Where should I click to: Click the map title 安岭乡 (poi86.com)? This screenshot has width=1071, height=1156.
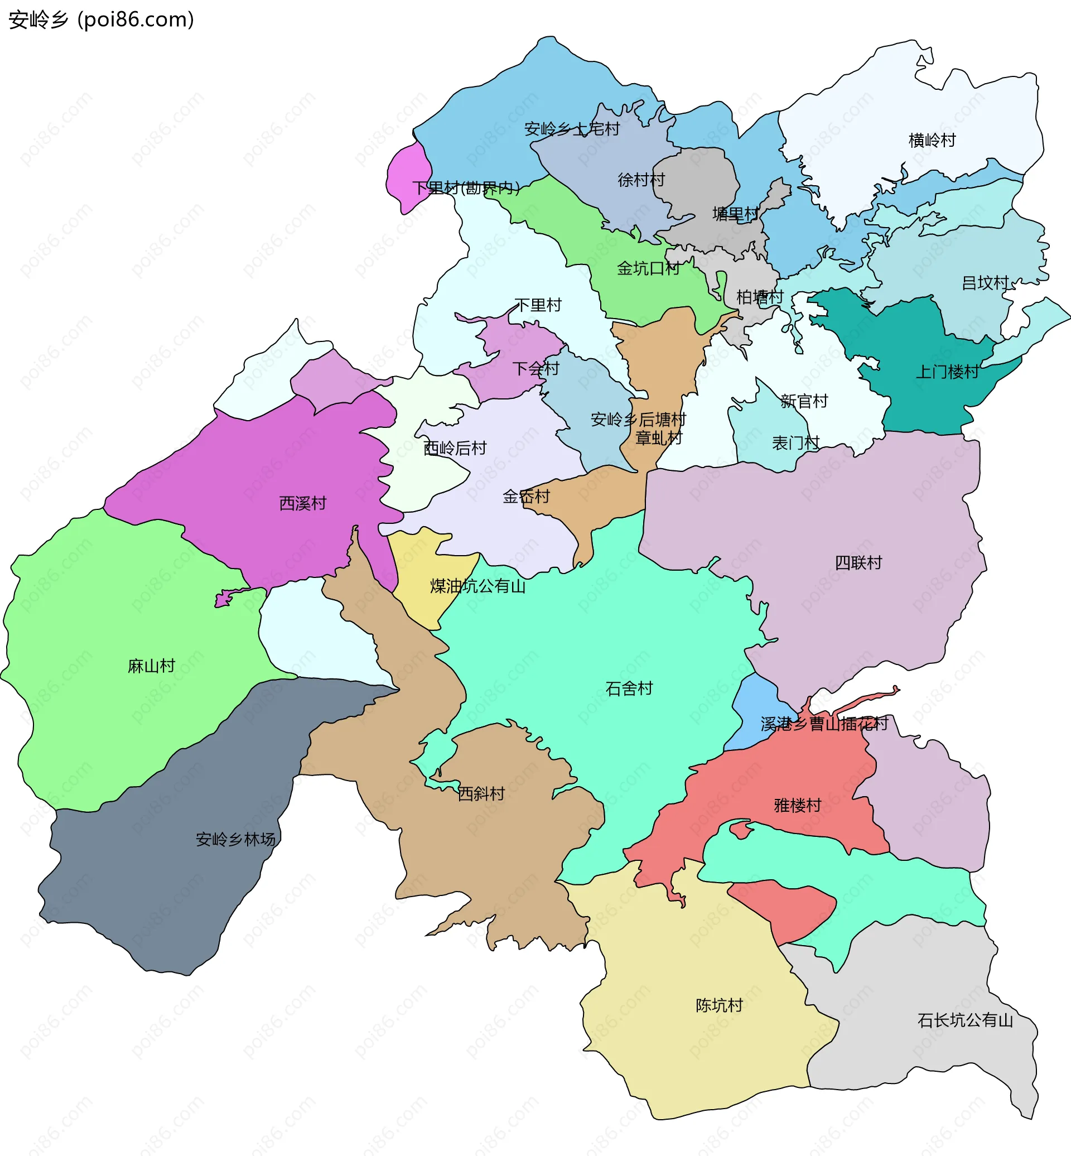click(x=102, y=20)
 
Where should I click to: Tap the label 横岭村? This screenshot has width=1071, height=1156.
click(x=932, y=140)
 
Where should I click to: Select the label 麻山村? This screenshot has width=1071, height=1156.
click(x=151, y=666)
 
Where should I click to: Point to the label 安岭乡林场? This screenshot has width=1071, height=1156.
click(x=235, y=840)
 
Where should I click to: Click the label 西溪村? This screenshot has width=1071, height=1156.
click(x=302, y=503)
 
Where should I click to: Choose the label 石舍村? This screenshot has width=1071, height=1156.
click(x=629, y=688)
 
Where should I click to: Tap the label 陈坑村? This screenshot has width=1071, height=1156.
click(x=718, y=1005)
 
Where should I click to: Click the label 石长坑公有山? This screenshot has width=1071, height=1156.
click(x=965, y=1020)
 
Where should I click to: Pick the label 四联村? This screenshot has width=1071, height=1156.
click(x=858, y=562)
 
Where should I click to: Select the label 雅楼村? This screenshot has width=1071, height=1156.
click(x=798, y=805)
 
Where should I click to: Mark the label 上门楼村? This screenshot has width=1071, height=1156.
click(x=947, y=372)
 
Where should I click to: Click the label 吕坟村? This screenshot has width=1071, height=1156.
click(x=985, y=283)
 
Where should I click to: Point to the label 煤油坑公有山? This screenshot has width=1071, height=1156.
click(x=477, y=586)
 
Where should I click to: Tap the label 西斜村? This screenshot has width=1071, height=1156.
click(x=481, y=794)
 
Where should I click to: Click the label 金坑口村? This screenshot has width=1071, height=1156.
click(x=648, y=268)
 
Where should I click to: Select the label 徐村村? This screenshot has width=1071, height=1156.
click(x=641, y=180)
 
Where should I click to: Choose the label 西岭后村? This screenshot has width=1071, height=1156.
click(x=455, y=448)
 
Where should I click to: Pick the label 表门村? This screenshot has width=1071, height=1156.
click(x=795, y=443)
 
